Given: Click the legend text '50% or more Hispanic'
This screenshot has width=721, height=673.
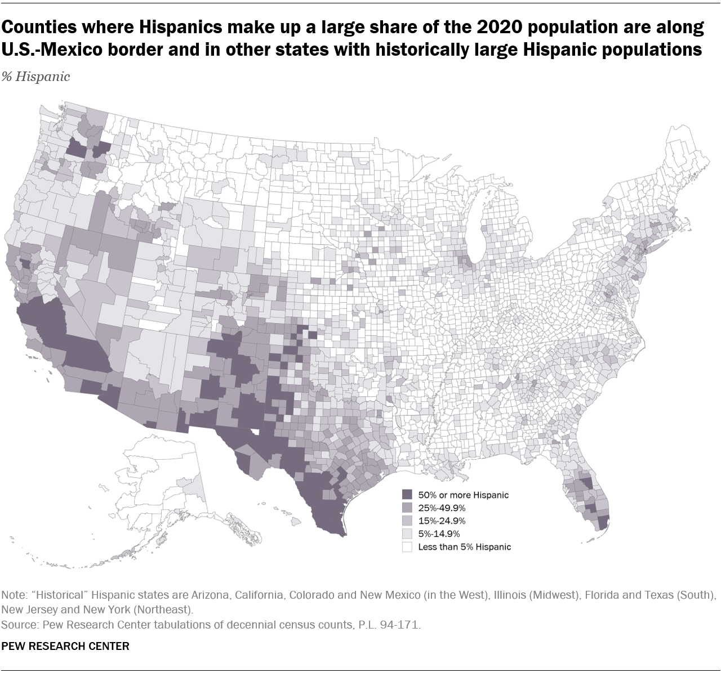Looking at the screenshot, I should [463, 495].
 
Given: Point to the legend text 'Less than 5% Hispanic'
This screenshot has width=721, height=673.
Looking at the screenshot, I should [464, 547].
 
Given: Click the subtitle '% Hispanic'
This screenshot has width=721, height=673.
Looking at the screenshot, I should [36, 77].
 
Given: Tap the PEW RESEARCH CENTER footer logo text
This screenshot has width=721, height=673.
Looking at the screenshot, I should [65, 646].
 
